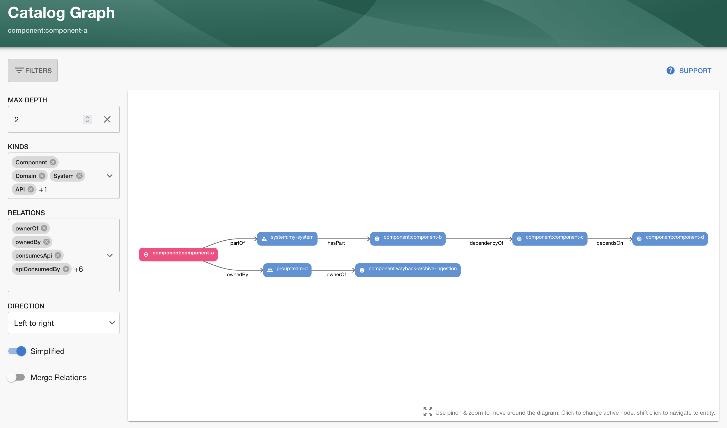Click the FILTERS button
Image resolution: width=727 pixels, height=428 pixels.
[33, 71]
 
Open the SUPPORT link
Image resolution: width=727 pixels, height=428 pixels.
[689, 71]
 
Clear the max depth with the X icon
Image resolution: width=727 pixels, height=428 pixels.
[107, 119]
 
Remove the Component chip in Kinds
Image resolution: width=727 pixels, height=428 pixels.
[53, 162]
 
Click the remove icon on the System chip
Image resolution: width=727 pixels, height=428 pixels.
[79, 176]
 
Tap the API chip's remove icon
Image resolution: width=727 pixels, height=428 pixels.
[31, 189]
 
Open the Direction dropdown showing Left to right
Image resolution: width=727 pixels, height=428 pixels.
[64, 323]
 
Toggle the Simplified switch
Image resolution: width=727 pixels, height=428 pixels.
[17, 351]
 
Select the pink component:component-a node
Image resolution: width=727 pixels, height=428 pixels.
[178, 254]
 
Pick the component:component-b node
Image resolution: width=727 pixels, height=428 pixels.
[408, 238]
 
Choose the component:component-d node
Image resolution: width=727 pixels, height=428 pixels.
[670, 238]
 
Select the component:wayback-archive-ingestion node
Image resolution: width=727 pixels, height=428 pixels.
[408, 270]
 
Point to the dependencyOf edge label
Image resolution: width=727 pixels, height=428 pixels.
[486, 243]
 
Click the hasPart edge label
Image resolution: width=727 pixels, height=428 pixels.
[336, 243]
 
